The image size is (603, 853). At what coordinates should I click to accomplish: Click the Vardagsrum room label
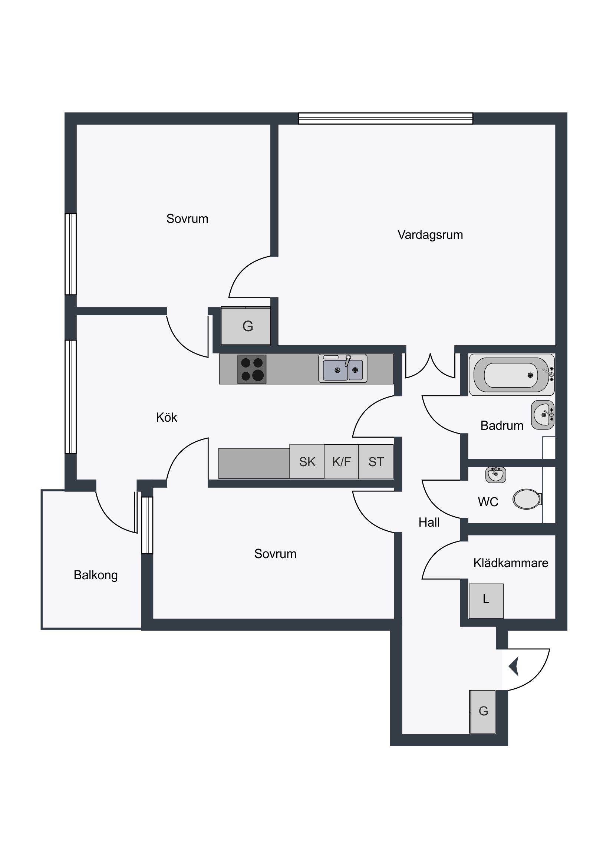[430, 235]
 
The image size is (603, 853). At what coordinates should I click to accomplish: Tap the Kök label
[167, 417]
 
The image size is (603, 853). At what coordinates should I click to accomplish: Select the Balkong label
[95, 575]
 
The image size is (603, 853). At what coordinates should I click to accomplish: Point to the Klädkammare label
[511, 563]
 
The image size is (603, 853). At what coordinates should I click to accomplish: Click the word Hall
[429, 522]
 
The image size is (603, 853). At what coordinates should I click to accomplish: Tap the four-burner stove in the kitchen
[252, 369]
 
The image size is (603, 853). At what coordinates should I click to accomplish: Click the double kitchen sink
[343, 368]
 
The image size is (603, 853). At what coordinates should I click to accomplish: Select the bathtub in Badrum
[512, 375]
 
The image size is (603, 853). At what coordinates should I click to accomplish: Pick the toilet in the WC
[527, 499]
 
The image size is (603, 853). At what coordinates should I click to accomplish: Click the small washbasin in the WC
[495, 474]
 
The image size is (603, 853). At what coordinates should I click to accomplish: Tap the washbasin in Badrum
[543, 415]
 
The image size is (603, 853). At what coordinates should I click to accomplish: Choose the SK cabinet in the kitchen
[307, 461]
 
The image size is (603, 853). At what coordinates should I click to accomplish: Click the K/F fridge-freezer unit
[342, 461]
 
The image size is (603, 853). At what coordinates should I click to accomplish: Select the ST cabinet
[376, 461]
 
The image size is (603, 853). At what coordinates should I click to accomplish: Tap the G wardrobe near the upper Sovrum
[246, 326]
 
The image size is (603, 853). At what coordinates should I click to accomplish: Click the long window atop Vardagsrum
[386, 119]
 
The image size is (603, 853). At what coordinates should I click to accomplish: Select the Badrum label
[501, 425]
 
